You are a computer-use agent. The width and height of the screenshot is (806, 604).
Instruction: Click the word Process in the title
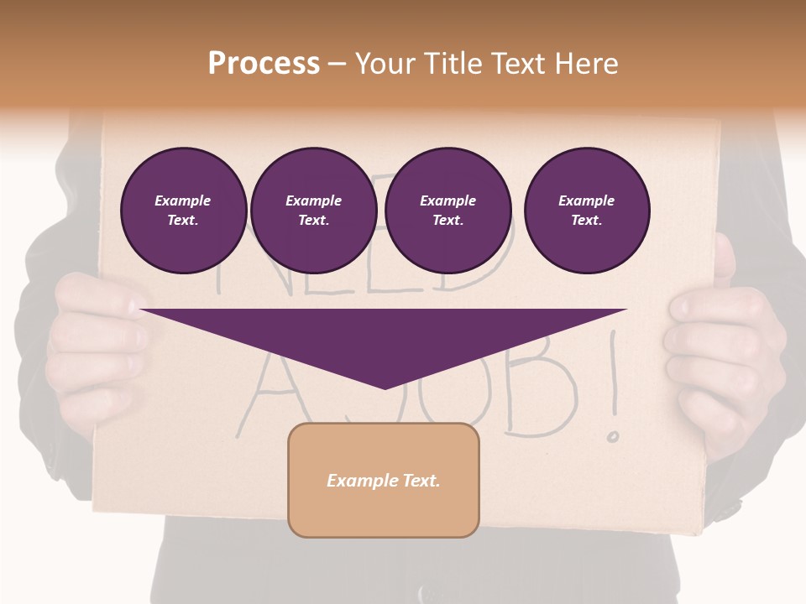click(264, 64)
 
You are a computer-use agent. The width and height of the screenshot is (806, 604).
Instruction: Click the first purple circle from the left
click(183, 211)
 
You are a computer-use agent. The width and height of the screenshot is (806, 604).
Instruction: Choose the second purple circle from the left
click(313, 211)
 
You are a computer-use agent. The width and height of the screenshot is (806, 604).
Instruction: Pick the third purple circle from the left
click(447, 211)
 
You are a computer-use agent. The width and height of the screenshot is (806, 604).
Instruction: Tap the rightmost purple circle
click(586, 211)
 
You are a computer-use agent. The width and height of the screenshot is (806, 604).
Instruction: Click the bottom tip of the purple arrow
click(385, 388)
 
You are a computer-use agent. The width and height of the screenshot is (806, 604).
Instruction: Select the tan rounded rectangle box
click(383, 480)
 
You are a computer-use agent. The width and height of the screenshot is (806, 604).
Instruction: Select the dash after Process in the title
click(337, 65)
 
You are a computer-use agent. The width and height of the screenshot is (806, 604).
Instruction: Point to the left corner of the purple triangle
click(143, 310)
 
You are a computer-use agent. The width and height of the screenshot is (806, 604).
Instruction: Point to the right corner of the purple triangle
click(625, 310)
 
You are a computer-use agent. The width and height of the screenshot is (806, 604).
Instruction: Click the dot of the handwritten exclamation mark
click(614, 435)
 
